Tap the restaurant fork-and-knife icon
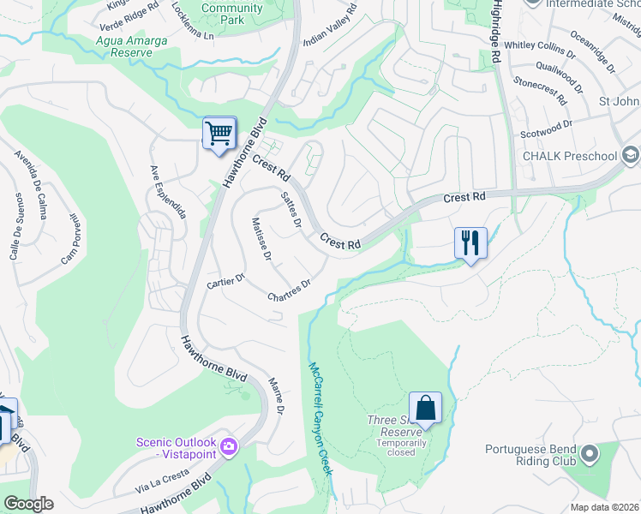point(470,242)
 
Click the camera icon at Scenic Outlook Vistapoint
point(229,446)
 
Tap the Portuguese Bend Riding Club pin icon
point(589,452)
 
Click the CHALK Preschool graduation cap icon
point(631,155)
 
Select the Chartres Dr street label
point(288,290)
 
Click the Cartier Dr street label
point(227,280)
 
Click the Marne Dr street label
point(276,396)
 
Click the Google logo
point(27,504)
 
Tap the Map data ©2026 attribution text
point(604,507)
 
